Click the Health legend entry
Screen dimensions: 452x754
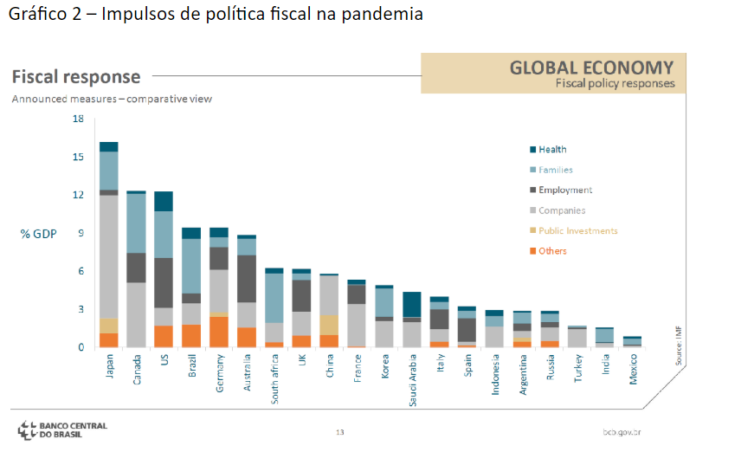tap(552, 150)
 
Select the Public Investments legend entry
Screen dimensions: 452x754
tap(577, 231)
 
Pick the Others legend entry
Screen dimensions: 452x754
tap(552, 251)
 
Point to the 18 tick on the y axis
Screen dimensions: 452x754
tap(78, 119)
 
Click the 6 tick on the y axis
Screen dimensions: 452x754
tap(81, 271)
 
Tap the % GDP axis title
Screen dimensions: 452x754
tap(39, 234)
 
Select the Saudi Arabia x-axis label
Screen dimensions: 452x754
tap(413, 380)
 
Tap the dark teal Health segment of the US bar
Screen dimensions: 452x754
tap(164, 201)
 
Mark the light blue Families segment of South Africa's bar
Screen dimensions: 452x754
tap(274, 298)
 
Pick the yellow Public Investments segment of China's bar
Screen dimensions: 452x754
tap(330, 325)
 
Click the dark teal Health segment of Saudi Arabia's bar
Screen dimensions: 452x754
tap(413, 305)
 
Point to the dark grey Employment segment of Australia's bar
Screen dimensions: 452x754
tap(247, 278)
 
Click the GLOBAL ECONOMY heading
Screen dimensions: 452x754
tap(591, 68)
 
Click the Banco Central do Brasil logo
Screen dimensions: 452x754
tap(62, 429)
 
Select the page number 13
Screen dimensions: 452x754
tap(340, 431)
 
